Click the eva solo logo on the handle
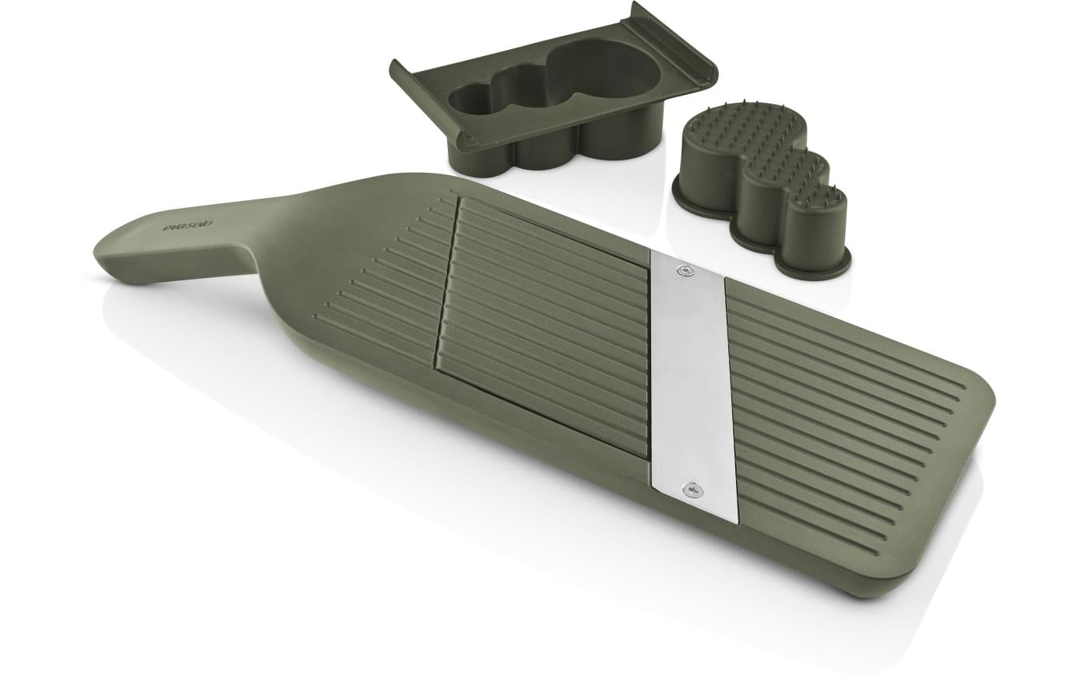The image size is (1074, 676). pyautogui.click(x=188, y=225)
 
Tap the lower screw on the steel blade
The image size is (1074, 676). pyautogui.click(x=692, y=489)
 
